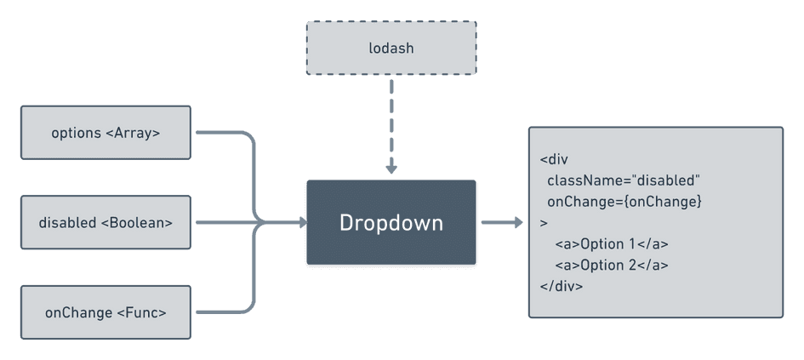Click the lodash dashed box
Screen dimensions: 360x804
pyautogui.click(x=391, y=48)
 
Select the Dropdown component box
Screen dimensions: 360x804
pyautogui.click(x=391, y=223)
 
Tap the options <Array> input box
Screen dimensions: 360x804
pyautogui.click(x=105, y=133)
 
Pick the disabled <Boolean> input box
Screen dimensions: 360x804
pyautogui.click(x=105, y=223)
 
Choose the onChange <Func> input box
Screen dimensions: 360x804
pyautogui.click(x=105, y=312)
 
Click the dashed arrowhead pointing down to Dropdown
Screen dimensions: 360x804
pyautogui.click(x=391, y=169)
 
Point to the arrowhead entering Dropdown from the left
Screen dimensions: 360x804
pyautogui.click(x=302, y=223)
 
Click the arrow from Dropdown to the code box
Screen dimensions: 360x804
pyautogui.click(x=502, y=223)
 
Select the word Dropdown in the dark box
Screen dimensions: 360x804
pyautogui.click(x=391, y=223)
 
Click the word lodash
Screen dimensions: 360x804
pyautogui.click(x=391, y=49)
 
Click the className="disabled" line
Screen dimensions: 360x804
pyautogui.click(x=623, y=180)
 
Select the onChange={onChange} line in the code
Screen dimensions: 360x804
pyautogui.click(x=624, y=202)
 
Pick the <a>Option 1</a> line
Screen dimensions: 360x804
pyautogui.click(x=612, y=244)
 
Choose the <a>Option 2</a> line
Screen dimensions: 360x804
pyautogui.click(x=612, y=266)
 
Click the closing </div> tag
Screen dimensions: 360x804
pyautogui.click(x=561, y=286)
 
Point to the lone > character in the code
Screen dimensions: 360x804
pyautogui.click(x=544, y=223)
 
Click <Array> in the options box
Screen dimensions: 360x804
pyautogui.click(x=134, y=133)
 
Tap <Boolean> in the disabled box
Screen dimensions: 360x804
pyautogui.click(x=136, y=223)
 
